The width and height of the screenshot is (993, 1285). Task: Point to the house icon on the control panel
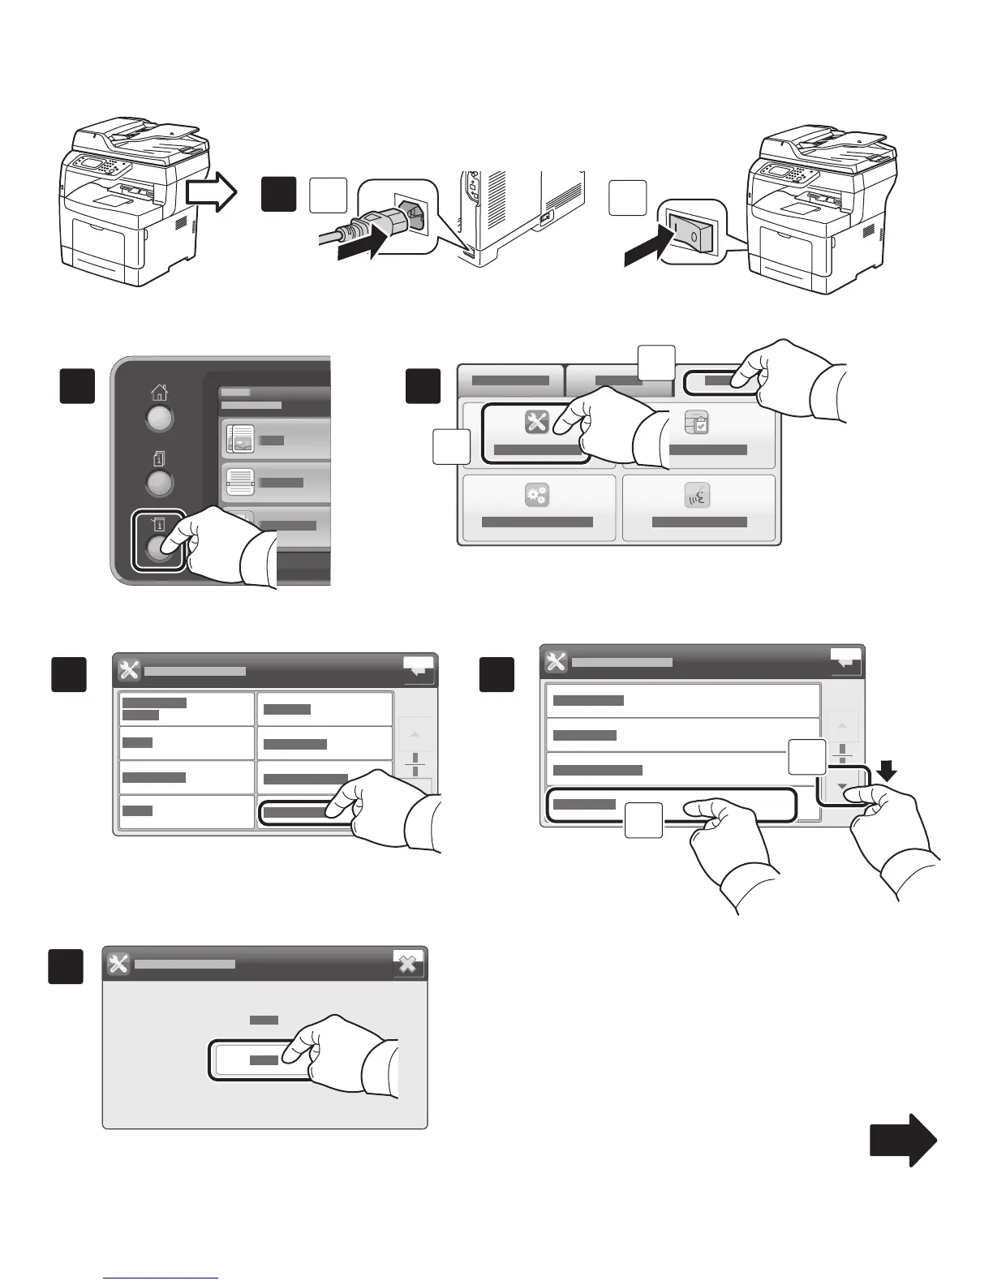click(x=159, y=393)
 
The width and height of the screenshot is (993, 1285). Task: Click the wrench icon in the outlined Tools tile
click(x=537, y=422)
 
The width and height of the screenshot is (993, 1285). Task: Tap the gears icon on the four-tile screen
click(x=537, y=495)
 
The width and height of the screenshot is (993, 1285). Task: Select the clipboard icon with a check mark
click(x=696, y=423)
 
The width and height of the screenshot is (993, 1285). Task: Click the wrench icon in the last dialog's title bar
click(x=118, y=964)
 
